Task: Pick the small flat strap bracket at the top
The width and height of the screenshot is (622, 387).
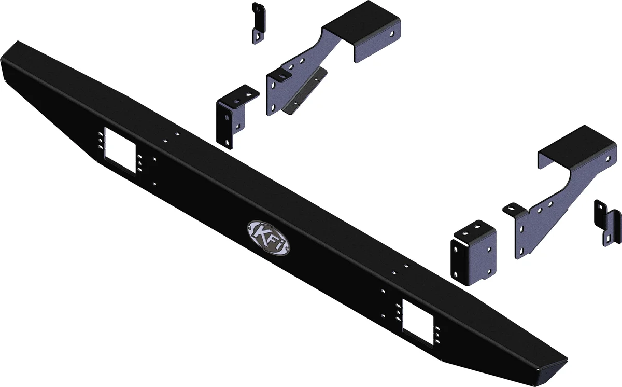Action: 258,23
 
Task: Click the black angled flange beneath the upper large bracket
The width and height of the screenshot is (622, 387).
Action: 306,92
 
